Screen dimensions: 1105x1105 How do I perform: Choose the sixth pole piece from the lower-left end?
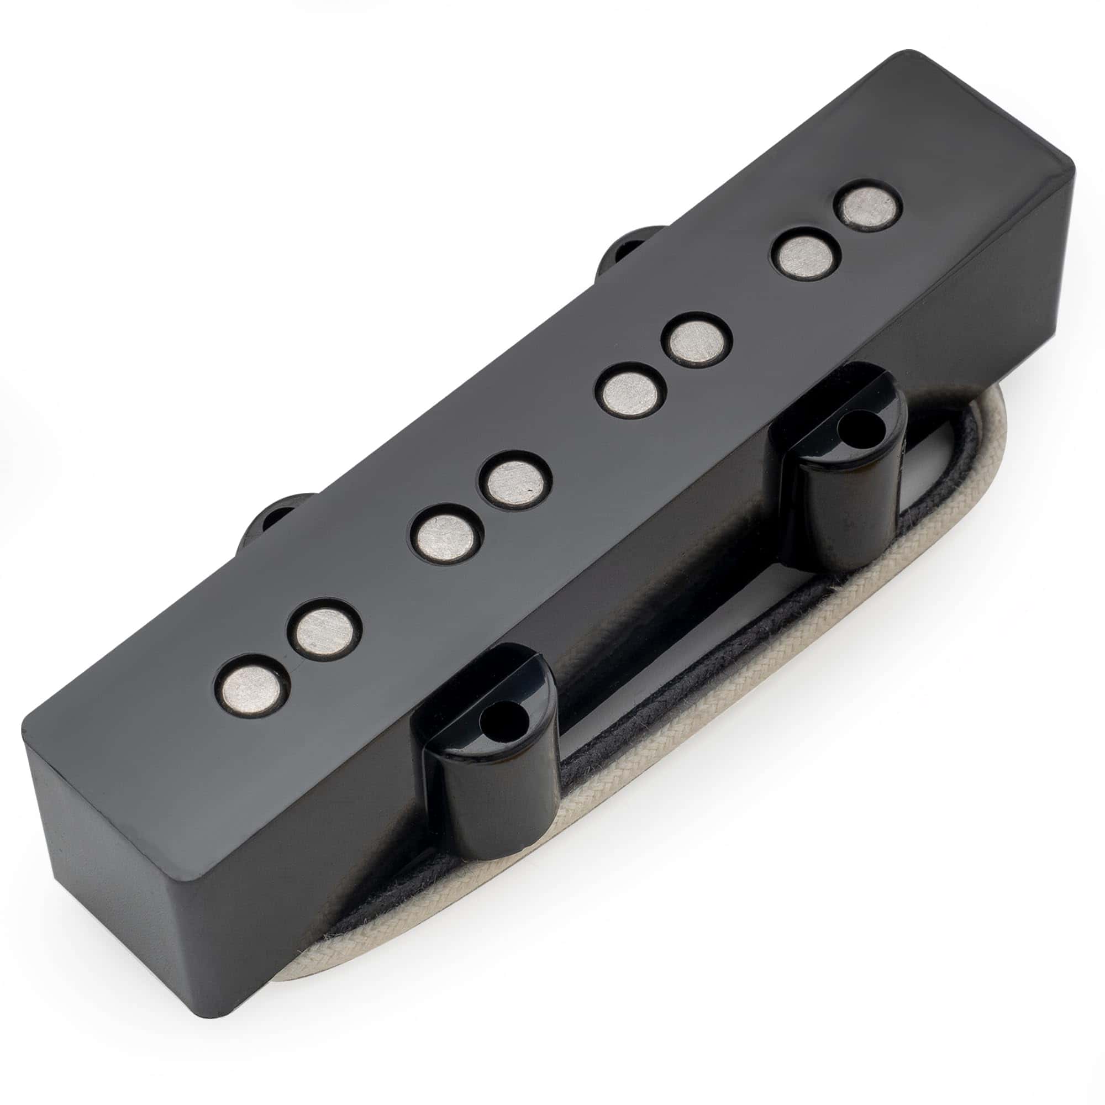698,342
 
